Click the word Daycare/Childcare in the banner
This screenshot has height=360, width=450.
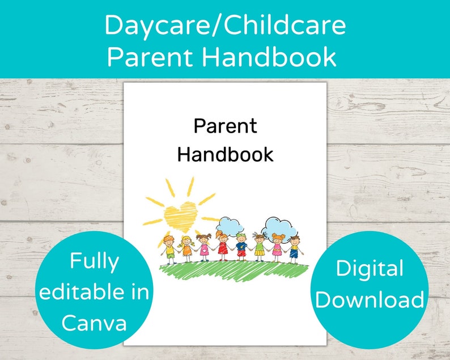pos(225,26)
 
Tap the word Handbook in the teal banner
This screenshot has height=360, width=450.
pos(276,57)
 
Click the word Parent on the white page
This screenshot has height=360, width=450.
pos(225,126)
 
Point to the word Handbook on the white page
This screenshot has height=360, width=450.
pos(225,154)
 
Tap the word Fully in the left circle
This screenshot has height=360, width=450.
pos(94,261)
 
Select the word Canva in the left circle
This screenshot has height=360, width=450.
pos(94,323)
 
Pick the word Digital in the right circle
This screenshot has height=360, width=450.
pos(369,269)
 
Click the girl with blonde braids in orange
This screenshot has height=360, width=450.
pos(185,248)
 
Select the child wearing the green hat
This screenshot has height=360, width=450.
pos(241,246)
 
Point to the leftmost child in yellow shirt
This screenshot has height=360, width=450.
pos(168,248)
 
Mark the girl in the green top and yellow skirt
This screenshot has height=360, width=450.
pos(260,247)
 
